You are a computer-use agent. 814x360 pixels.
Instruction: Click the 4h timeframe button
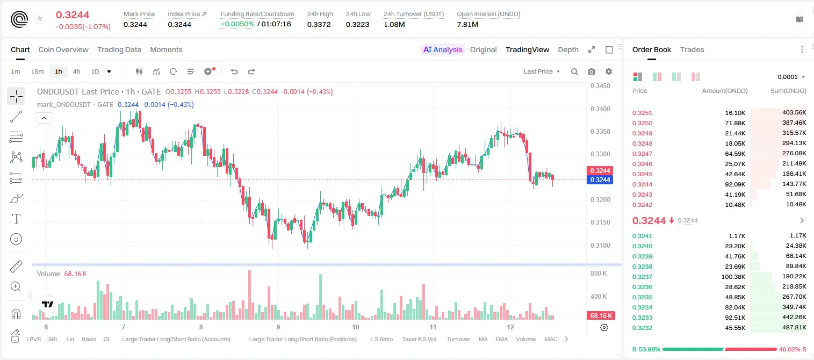(76, 71)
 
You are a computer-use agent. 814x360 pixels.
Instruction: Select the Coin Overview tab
(63, 49)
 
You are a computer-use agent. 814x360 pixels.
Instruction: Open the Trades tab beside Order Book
(692, 49)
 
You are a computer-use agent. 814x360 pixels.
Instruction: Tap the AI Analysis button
(443, 49)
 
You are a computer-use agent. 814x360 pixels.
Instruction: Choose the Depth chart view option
(568, 49)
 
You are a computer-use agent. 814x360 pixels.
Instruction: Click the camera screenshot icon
(592, 71)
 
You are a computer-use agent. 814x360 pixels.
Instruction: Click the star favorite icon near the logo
(40, 18)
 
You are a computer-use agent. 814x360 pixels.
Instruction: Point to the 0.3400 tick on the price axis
(600, 109)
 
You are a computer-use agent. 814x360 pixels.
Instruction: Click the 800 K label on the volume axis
(599, 273)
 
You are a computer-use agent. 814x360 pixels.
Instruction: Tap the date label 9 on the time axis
(278, 327)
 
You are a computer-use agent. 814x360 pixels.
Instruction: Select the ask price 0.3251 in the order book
(642, 113)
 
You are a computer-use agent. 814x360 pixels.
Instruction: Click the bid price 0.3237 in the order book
(642, 277)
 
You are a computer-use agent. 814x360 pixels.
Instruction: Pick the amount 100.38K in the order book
(733, 277)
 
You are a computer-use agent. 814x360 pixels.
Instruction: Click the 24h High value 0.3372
(319, 24)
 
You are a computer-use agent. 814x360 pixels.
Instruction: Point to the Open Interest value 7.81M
(467, 24)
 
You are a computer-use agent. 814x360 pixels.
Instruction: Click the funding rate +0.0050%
(237, 24)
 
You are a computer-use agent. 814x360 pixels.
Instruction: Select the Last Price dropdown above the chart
(542, 71)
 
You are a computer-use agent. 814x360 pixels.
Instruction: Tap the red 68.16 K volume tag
(600, 316)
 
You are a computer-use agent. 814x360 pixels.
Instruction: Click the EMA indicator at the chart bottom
(501, 339)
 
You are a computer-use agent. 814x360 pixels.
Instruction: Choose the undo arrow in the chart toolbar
(234, 71)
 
